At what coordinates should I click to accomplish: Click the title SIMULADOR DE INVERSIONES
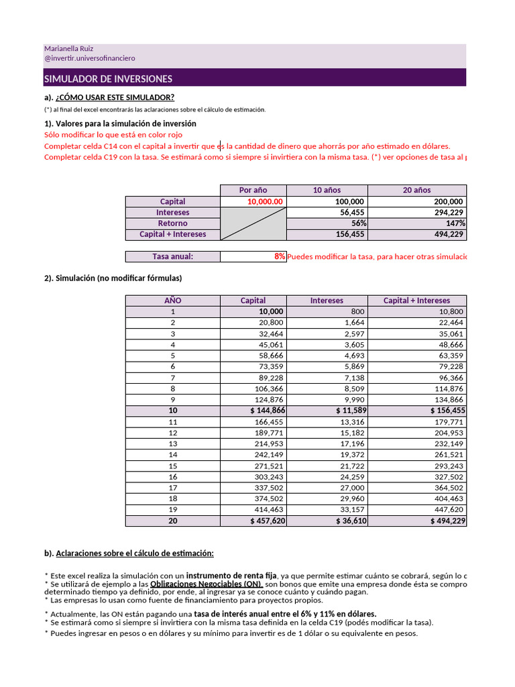coord(108,79)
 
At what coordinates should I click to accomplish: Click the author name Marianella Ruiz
coord(70,49)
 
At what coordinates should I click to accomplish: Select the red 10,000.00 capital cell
coord(266,201)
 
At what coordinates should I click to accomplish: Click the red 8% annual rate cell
coord(280,256)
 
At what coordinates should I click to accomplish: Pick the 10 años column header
coord(327,191)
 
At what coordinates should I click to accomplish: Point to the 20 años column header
coord(416,191)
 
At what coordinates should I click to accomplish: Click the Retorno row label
coord(172,223)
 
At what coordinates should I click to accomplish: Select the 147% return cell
coord(455,223)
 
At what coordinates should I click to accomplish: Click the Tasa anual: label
coord(172,256)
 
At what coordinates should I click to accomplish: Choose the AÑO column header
coord(172,301)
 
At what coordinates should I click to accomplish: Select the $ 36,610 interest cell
coord(347,521)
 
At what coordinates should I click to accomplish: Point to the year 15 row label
coord(172,466)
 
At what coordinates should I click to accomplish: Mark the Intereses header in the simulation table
coord(327,301)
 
